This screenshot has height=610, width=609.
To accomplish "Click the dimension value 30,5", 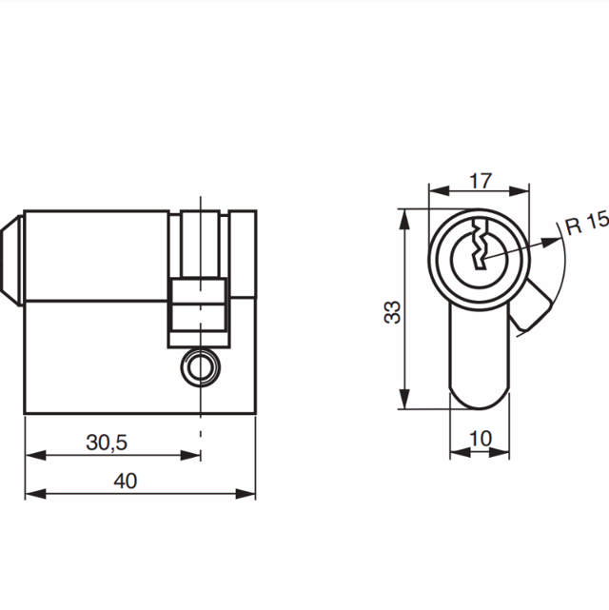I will click(x=108, y=443).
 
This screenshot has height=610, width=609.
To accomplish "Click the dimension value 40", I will click(x=125, y=481).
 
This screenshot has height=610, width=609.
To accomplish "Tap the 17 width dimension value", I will click(x=481, y=178).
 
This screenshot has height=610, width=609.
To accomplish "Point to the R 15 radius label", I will click(x=585, y=225).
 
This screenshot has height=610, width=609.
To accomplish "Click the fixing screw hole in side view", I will click(x=200, y=365).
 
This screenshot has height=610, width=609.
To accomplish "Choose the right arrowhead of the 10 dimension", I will click(x=503, y=451).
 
